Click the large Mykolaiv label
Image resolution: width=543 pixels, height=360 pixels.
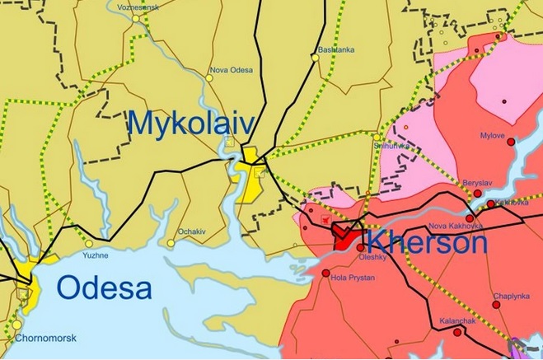pos(190,124)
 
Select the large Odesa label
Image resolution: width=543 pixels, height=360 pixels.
pos(105,288)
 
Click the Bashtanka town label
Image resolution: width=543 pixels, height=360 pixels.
pos(336,49)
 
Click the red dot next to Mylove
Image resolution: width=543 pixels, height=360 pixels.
pos(511,143)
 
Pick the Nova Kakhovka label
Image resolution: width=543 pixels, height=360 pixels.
pos(451,226)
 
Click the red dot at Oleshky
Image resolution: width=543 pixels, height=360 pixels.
pos(361,247)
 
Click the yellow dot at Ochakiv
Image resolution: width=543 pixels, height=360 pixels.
pos(171,243)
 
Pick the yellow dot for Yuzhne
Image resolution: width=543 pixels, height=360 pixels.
pos(87,244)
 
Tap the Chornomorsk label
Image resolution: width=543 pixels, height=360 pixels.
pos(40,338)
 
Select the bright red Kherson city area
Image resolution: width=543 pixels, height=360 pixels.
pos(345,239)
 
